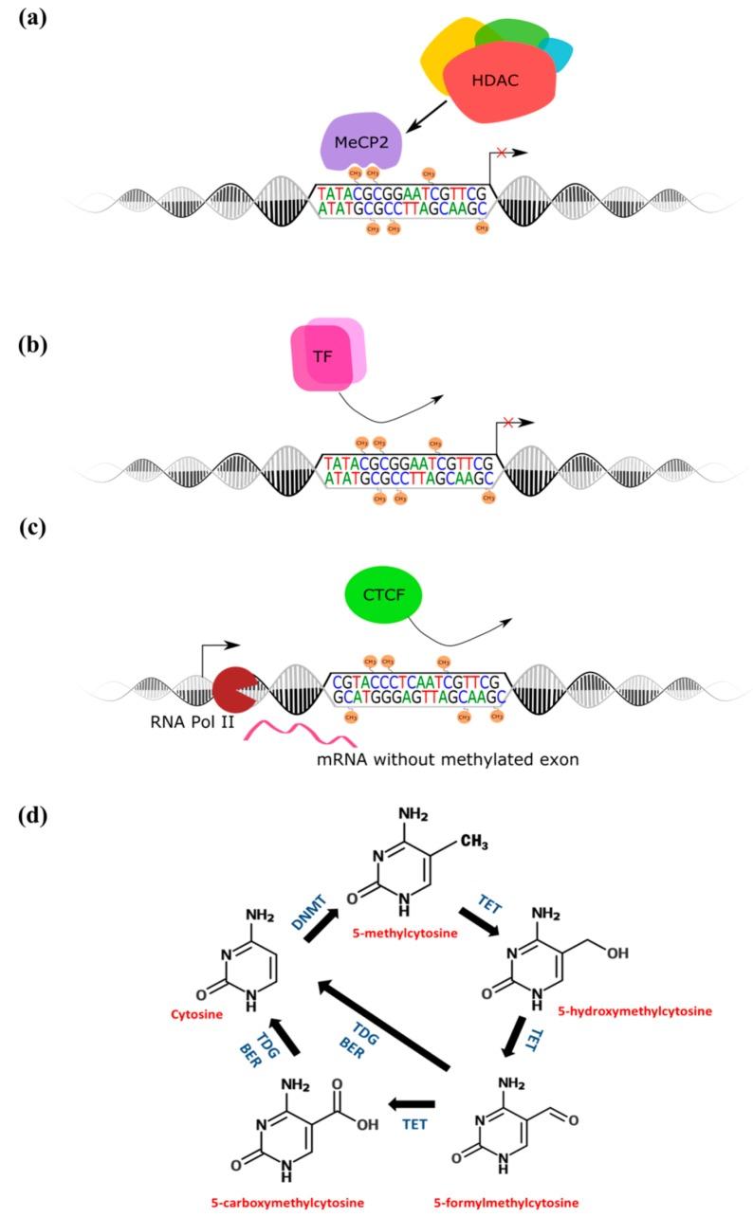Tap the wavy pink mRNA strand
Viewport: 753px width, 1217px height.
pos(285,735)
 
